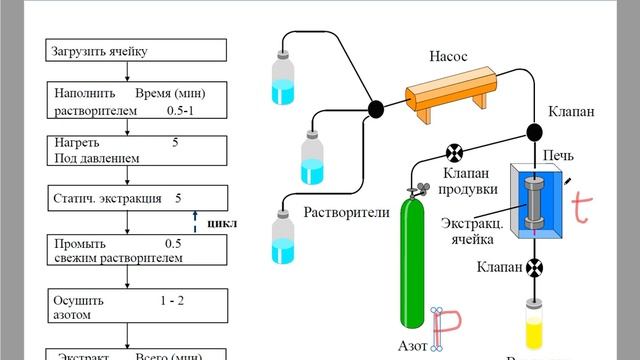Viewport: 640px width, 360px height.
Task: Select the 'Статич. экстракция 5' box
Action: tap(125, 198)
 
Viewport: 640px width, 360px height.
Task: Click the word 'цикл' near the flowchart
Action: tap(219, 222)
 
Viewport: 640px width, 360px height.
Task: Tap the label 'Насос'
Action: tap(449, 58)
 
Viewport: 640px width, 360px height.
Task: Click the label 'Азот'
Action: tap(411, 346)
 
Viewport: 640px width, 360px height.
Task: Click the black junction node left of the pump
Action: tap(377, 108)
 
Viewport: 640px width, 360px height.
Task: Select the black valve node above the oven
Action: tap(536, 131)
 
